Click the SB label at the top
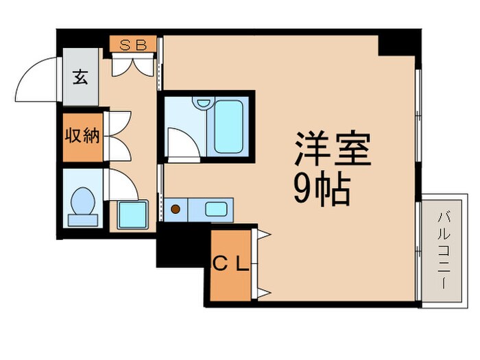point(133,45)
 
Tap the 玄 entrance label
point(81,77)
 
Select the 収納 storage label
point(82,135)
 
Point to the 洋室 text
point(333,149)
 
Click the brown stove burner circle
point(176,208)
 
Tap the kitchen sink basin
point(217,208)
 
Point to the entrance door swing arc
point(36,81)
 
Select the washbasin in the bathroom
point(202,104)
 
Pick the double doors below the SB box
point(134,65)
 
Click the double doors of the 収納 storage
point(116,135)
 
